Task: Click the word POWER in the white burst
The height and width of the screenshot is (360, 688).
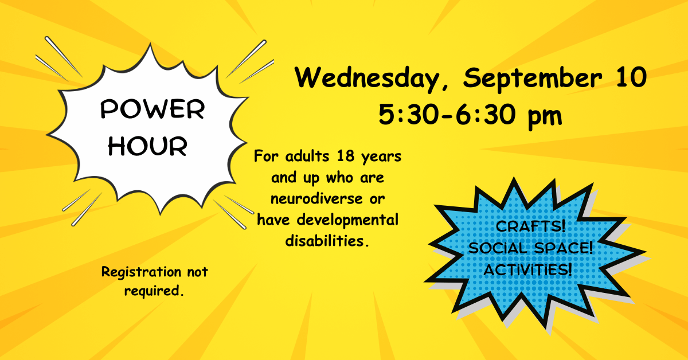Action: coord(153,109)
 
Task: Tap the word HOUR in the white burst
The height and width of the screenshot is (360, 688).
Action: coord(147,146)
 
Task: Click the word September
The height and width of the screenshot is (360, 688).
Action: coord(532,79)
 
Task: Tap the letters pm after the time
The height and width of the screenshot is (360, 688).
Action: coord(545,117)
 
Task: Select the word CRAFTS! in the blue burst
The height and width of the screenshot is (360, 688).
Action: coord(530,226)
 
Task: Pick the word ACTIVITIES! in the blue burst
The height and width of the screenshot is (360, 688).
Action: coord(527,269)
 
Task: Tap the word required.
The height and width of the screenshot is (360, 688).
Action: coord(154,291)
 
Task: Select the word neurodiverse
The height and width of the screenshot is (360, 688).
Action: coord(316,198)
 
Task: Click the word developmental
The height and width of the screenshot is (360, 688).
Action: coord(347,221)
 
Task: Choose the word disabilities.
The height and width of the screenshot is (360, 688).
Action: coord(327,241)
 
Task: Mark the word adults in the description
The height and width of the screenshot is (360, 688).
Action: coord(307,156)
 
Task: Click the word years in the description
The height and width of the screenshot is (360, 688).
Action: coord(381,157)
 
